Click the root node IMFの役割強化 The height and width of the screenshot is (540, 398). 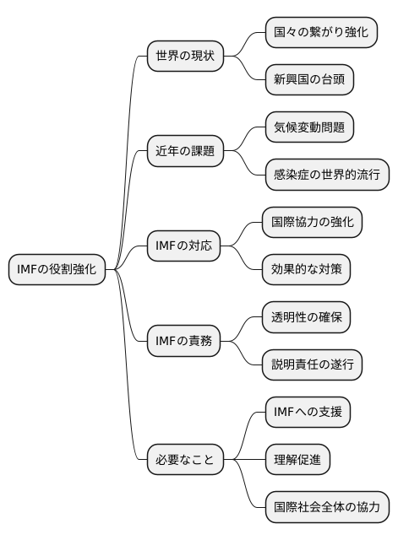coord(57,270)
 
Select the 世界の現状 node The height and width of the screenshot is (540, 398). coord(185,57)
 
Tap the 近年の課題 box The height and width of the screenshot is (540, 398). coord(185,152)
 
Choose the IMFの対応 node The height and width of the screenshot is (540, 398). coord(183,246)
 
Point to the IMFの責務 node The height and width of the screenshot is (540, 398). coord(183,342)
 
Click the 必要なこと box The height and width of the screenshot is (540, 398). coord(185,461)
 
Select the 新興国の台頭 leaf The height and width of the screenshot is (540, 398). coord(309,80)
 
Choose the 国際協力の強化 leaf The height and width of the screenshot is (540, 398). coord(312,223)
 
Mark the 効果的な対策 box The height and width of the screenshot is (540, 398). coord(306,270)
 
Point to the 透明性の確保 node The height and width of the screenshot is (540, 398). coord(306,318)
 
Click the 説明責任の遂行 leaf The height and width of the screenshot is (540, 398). coord(312,365)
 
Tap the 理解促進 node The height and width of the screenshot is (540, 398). coord(297,461)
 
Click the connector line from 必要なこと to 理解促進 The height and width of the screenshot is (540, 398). coord(244,461)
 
